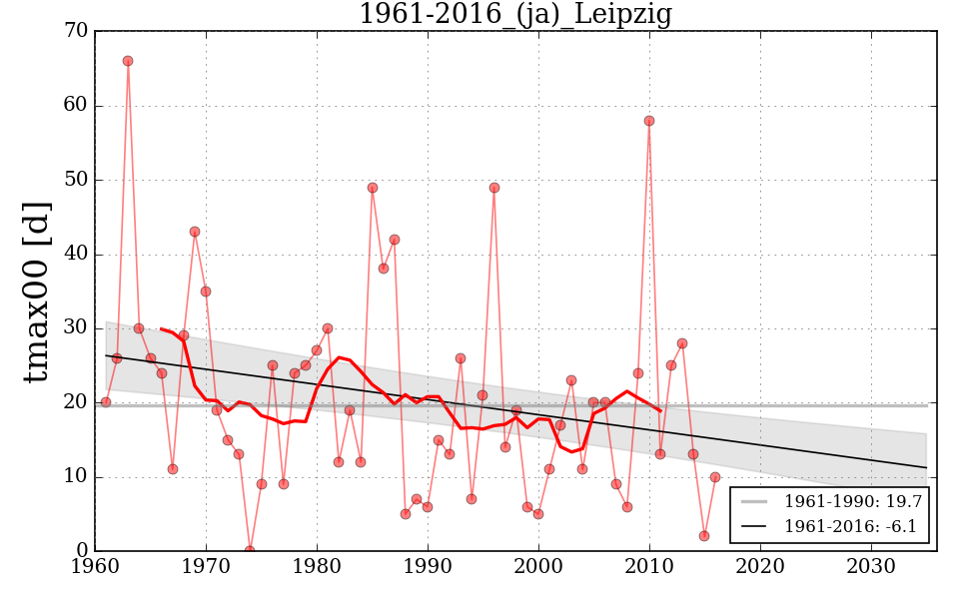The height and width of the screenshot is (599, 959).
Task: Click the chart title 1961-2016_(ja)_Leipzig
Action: (x=514, y=15)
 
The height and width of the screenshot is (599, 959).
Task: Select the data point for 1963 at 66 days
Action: (x=128, y=61)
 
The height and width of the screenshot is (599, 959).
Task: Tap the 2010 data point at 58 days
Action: (x=649, y=121)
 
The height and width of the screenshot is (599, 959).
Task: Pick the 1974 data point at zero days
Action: (x=250, y=550)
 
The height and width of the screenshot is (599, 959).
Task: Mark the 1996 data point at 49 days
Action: (x=494, y=188)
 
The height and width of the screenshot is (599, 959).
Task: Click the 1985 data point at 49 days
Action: (x=373, y=188)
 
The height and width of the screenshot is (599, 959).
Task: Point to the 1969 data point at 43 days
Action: (x=195, y=232)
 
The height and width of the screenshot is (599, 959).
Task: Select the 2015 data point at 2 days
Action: (x=704, y=536)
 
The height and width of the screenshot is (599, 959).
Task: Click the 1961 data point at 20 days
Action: (x=106, y=402)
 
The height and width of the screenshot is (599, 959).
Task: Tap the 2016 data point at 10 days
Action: (x=715, y=477)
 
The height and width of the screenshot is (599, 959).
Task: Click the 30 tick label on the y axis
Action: (x=76, y=328)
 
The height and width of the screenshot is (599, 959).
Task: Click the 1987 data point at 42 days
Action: (x=395, y=240)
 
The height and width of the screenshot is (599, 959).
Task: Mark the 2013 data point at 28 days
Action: (x=682, y=343)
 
